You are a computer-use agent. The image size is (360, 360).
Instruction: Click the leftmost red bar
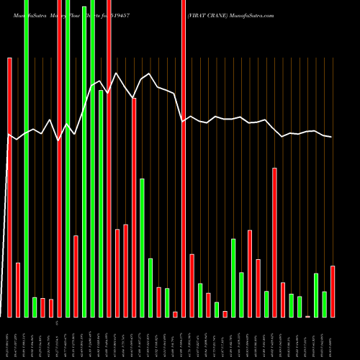tap(9, 187)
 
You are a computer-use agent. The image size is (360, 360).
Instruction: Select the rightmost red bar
tap(333, 291)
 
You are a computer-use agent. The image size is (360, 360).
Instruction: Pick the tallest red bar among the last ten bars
tap(274, 242)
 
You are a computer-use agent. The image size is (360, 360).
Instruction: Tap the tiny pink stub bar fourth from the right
tap(307, 316)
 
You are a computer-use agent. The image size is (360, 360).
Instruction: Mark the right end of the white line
tap(332, 137)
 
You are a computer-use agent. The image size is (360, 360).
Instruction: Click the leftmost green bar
tap(26, 158)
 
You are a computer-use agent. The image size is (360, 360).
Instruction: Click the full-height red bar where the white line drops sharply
tap(183, 158)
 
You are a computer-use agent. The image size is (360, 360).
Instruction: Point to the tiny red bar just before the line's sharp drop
tap(175, 314)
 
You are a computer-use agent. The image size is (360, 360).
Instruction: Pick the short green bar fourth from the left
tap(35, 307)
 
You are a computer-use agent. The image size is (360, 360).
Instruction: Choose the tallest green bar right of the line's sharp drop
tap(233, 277)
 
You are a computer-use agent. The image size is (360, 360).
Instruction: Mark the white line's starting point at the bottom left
tap(7, 134)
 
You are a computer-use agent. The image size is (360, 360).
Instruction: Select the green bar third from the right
tap(316, 295)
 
